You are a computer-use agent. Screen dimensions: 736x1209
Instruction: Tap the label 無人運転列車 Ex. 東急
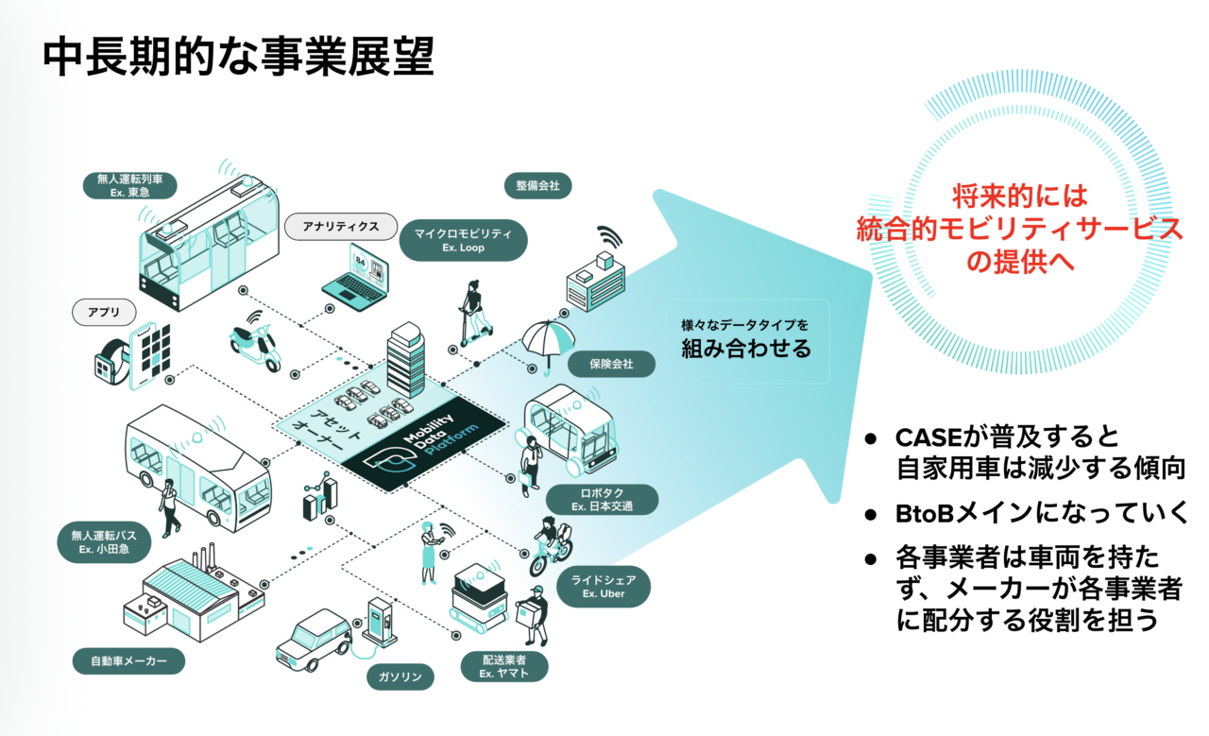[130, 185]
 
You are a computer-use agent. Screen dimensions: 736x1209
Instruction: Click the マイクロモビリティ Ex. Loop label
[463, 241]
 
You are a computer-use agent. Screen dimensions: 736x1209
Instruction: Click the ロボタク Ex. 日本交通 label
[602, 500]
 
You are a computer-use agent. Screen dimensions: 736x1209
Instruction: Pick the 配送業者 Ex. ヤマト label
[502, 666]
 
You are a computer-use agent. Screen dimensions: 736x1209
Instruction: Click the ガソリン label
[401, 676]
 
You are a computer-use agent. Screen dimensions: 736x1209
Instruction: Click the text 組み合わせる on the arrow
[746, 348]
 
